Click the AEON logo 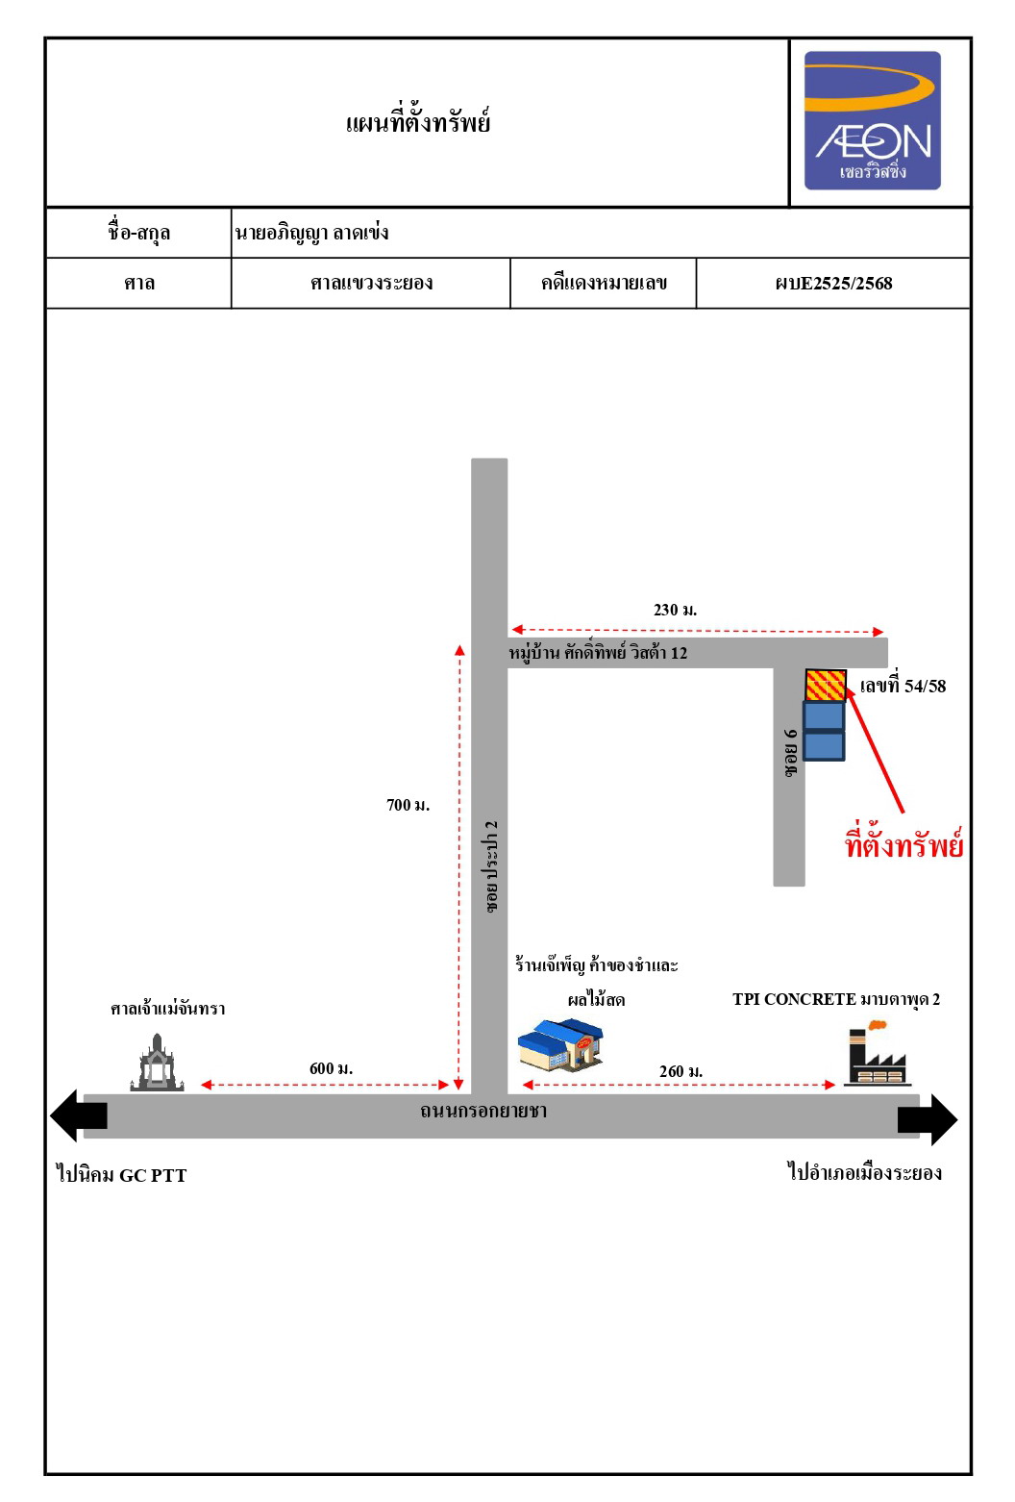click(x=872, y=121)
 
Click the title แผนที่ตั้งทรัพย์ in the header click(x=418, y=123)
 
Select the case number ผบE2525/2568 click(x=833, y=284)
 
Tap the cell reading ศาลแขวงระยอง click(x=371, y=284)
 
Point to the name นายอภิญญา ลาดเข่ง click(x=311, y=233)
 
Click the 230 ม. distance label click(x=675, y=611)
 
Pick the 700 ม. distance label click(x=408, y=805)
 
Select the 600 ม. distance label click(x=331, y=1069)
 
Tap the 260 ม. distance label click(x=681, y=1071)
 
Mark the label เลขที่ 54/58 click(x=903, y=686)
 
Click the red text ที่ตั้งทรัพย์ click(x=904, y=843)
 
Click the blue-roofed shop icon click(x=561, y=1045)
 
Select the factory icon click(x=877, y=1053)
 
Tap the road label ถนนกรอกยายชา click(x=483, y=1112)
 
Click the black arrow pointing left click(x=79, y=1115)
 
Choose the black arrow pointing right click(x=928, y=1120)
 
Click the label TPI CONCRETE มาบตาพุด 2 click(x=836, y=1000)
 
